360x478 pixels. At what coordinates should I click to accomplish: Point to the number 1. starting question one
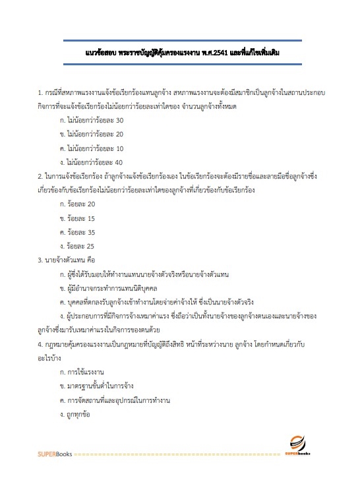[x=40, y=92]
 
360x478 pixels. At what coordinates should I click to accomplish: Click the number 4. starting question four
[x=40, y=345]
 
